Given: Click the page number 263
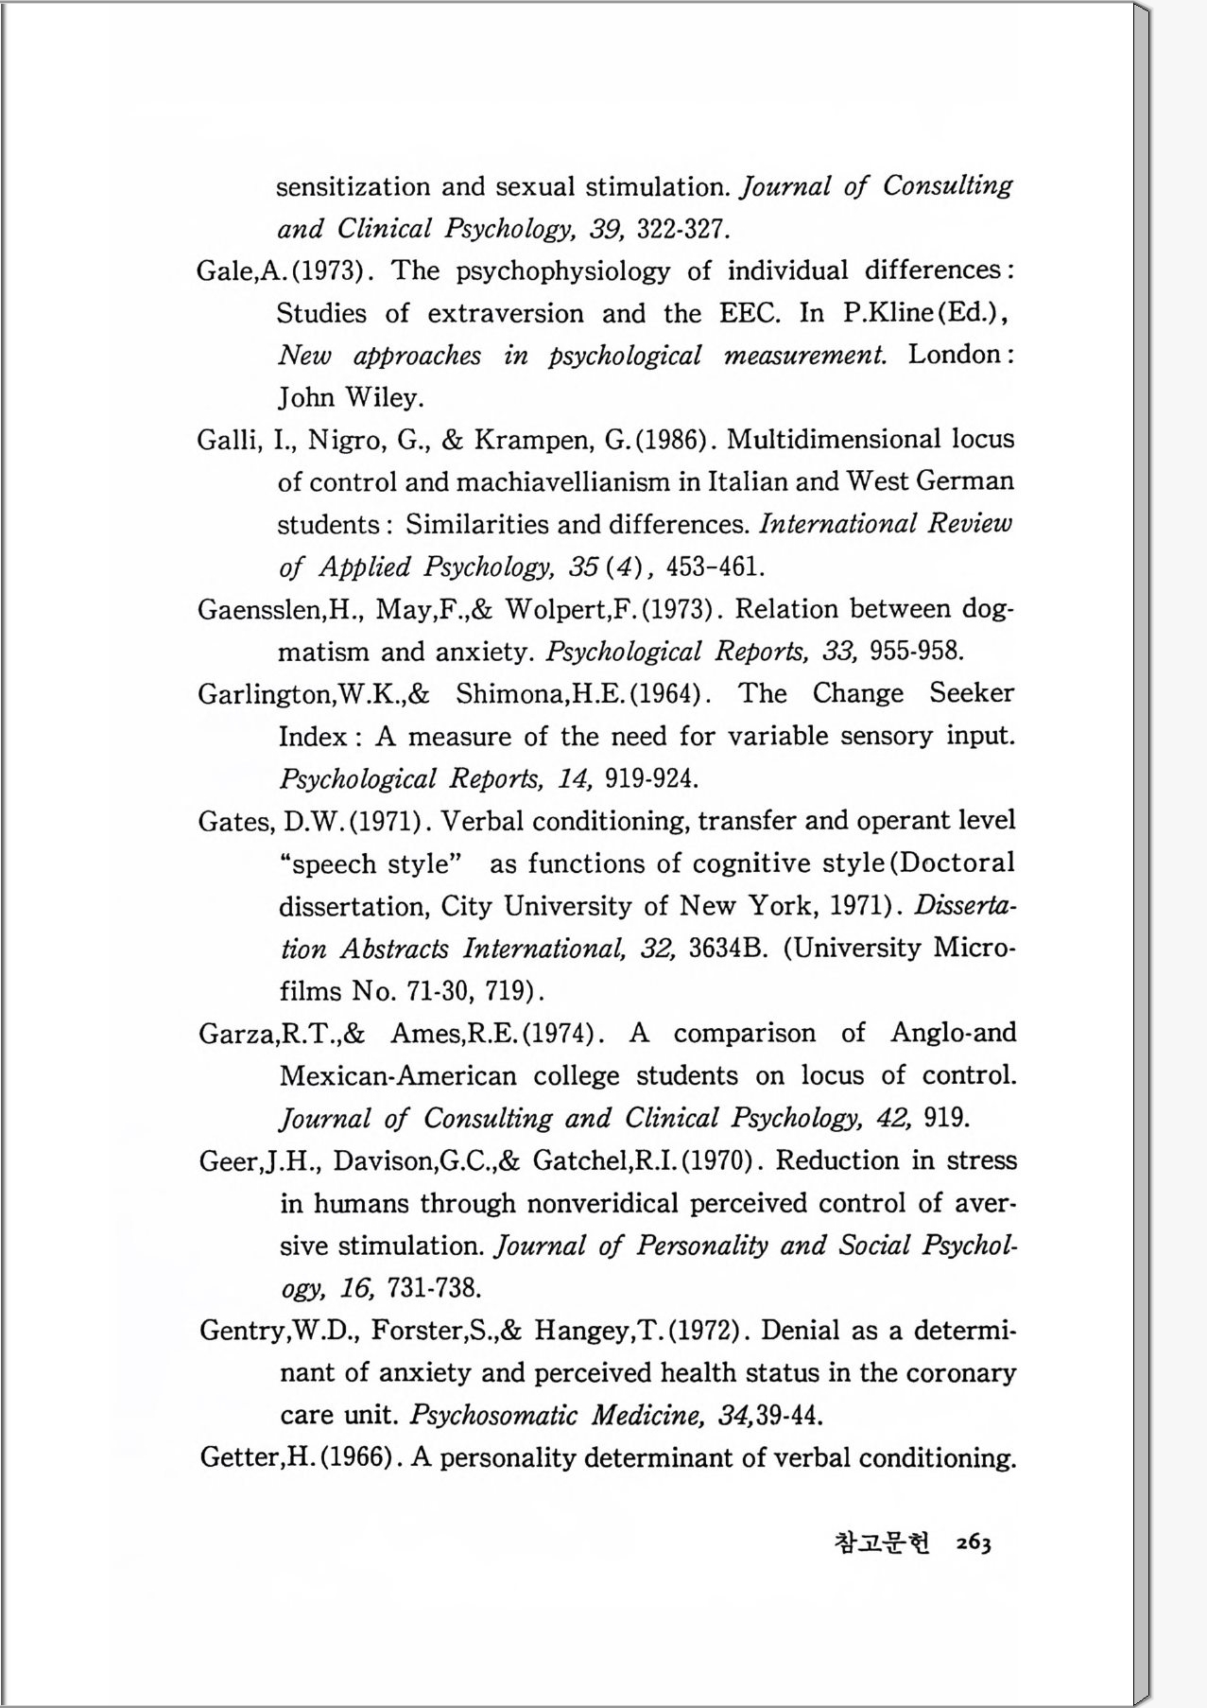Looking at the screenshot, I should pyautogui.click(x=973, y=1543).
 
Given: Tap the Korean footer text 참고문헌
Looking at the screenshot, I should pyautogui.click(x=883, y=1543).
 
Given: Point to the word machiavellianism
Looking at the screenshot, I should pyautogui.click(x=563, y=482).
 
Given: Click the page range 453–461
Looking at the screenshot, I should pyautogui.click(x=715, y=567).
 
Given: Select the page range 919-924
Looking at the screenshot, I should pyautogui.click(x=651, y=779).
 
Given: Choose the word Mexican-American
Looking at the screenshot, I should pyautogui.click(x=398, y=1076).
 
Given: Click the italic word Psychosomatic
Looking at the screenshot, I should pyautogui.click(x=493, y=1416).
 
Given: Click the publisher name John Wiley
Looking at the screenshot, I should pyautogui.click(x=350, y=397).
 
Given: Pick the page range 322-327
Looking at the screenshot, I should pyautogui.click(x=683, y=229).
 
